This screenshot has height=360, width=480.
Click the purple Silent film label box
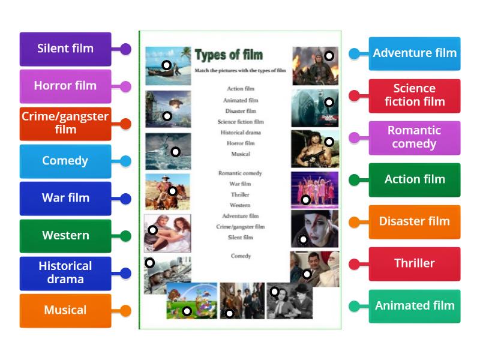click(65, 49)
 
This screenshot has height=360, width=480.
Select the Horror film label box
click(65, 86)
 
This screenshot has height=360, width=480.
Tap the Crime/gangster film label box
click(65, 124)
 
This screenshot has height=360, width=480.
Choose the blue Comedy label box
click(65, 161)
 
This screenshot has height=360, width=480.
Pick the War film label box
click(65, 199)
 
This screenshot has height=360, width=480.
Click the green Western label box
click(65, 236)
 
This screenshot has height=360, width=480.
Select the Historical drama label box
click(65, 273)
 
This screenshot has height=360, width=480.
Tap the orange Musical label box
click(65, 310)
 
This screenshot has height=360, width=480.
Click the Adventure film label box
click(415, 53)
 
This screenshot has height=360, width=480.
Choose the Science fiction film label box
click(415, 95)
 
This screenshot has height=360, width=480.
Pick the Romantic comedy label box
click(415, 137)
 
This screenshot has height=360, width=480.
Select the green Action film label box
click(415, 179)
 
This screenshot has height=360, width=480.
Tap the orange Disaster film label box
click(415, 221)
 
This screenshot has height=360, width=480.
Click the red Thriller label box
click(415, 263)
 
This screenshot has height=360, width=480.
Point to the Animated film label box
click(415, 306)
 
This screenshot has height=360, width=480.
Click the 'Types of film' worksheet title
click(229, 55)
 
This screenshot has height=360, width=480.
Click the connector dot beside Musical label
click(125, 311)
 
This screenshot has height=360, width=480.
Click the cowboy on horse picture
click(167, 191)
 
